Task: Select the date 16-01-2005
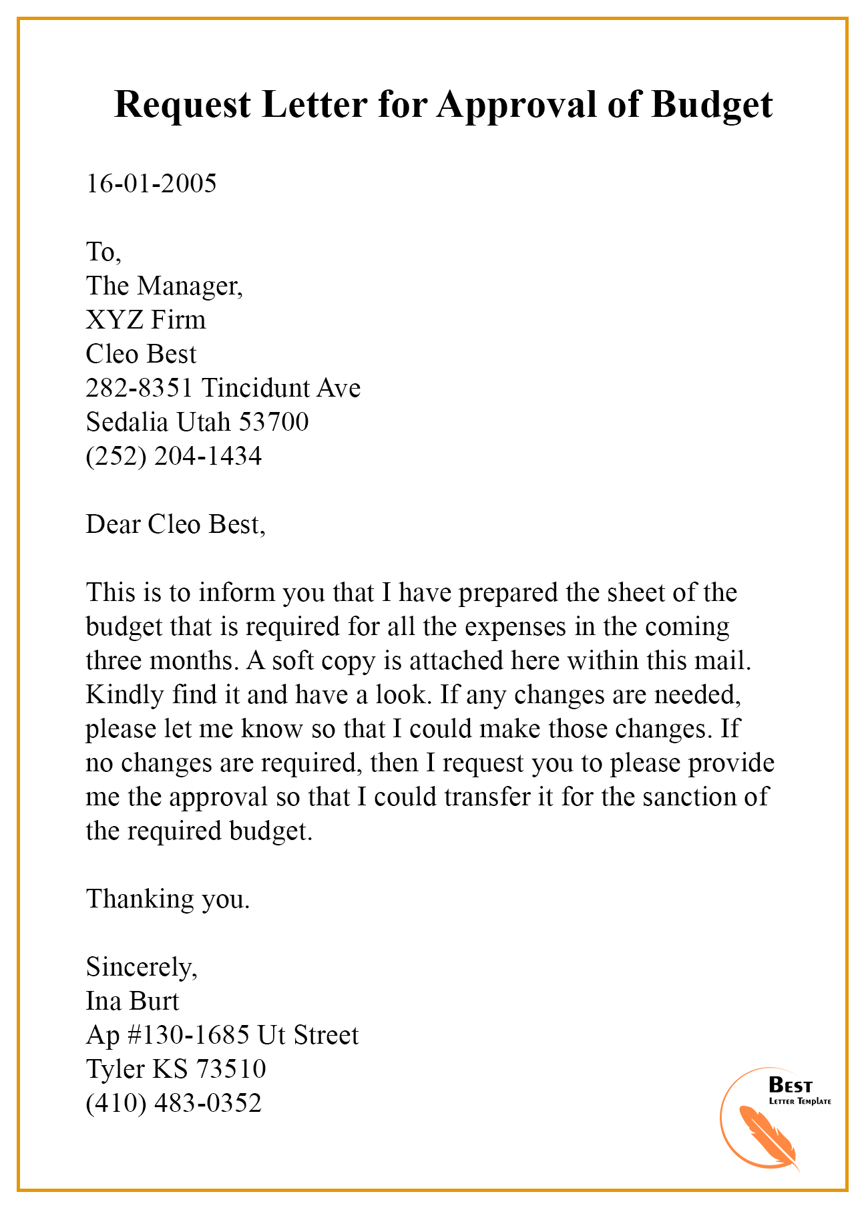[x=152, y=183]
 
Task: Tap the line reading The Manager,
[x=164, y=286]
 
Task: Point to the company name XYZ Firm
[x=146, y=320]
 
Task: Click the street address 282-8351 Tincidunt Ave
[x=223, y=388]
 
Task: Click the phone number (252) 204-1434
[x=174, y=456]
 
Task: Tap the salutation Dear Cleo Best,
[x=176, y=524]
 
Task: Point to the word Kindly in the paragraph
[x=125, y=694]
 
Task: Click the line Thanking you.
[x=168, y=899]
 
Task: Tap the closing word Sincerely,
[x=142, y=967]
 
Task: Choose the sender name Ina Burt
[x=132, y=1001]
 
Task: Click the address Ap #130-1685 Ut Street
[x=222, y=1035]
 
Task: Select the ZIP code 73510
[x=231, y=1069]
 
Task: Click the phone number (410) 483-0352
[x=174, y=1103]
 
